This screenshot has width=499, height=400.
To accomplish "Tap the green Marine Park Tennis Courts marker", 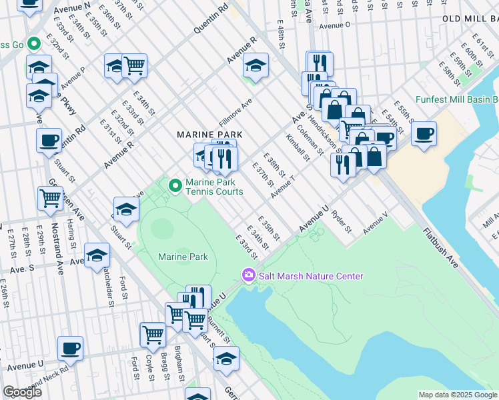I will tap(175, 186).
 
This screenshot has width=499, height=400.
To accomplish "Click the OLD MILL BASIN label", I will tap(470, 20).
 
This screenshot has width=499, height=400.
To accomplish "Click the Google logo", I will tap(22, 392).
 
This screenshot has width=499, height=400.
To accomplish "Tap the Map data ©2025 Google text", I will tap(457, 395).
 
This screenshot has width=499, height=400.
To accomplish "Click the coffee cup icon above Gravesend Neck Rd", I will tap(70, 348).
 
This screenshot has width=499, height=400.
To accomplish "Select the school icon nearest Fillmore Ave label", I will tap(256, 65).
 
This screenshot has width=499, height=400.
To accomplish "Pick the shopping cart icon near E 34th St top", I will tap(135, 65).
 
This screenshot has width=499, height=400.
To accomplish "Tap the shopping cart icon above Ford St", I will tap(153, 334).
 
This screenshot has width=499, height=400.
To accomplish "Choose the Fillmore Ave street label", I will tap(235, 113).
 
